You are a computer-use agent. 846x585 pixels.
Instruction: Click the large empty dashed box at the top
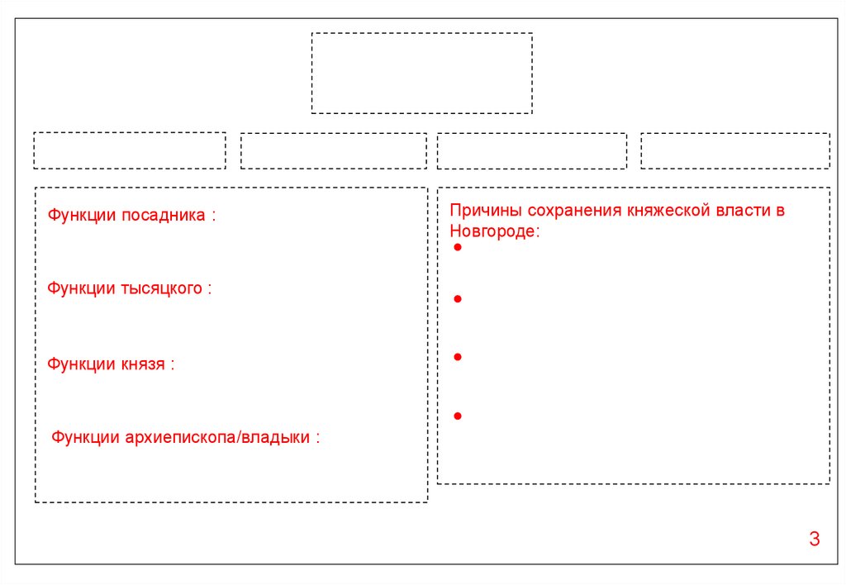pos(421,73)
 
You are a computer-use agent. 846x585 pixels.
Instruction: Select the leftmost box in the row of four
pos(129,150)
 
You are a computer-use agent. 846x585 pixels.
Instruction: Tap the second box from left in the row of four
pos(333,151)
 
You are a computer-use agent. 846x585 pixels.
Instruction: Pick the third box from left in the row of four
pos(531,151)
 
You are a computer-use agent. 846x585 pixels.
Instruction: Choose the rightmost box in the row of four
pos(734,150)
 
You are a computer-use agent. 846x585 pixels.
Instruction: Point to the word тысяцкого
pos(161,289)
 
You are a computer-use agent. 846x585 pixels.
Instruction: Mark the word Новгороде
pos(493,232)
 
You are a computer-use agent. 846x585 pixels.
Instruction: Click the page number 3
pos(814,540)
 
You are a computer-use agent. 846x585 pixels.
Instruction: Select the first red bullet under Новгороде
pos(457,248)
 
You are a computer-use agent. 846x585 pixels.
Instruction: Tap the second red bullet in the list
pos(457,298)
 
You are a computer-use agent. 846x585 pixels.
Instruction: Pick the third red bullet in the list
pos(457,357)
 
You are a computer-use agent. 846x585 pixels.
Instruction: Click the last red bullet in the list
pos(457,416)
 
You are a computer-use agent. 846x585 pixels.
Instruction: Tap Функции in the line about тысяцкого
pos(81,289)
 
